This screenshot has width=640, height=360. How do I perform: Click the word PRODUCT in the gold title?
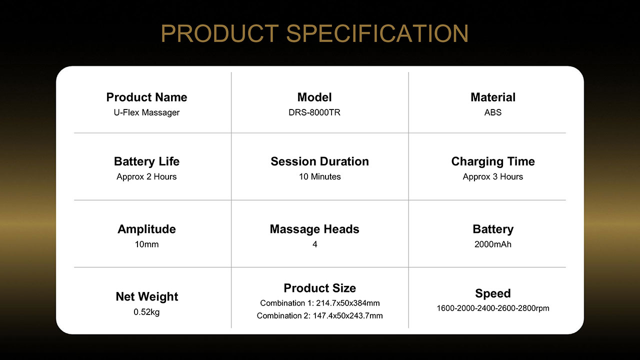point(219,33)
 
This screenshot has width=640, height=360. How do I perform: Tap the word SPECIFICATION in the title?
point(377,33)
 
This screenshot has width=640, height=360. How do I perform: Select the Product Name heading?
point(146,97)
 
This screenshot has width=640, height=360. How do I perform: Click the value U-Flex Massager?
point(146,112)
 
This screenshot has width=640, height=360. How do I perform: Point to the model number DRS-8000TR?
point(314,112)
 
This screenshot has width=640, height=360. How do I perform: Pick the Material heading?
point(493,97)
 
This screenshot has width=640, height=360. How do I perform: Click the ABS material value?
point(493,112)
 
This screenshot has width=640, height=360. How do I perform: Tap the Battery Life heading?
point(146,161)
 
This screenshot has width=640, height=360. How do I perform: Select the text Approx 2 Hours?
point(146,176)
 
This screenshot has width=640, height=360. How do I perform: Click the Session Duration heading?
point(319,161)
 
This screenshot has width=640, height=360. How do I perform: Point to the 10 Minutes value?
point(319,176)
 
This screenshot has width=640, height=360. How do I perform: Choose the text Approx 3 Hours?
point(493,176)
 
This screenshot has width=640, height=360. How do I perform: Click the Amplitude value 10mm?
point(146,244)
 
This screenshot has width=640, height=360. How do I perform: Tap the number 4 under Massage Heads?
point(314,244)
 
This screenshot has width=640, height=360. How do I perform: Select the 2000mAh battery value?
point(493,244)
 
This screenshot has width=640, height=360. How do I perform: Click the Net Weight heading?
point(146,296)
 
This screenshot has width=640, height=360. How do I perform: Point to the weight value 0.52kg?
point(146,312)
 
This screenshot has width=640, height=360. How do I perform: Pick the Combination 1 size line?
point(319,303)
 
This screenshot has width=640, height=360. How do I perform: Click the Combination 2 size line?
point(319,315)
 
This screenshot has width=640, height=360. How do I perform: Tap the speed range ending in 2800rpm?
point(493,308)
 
